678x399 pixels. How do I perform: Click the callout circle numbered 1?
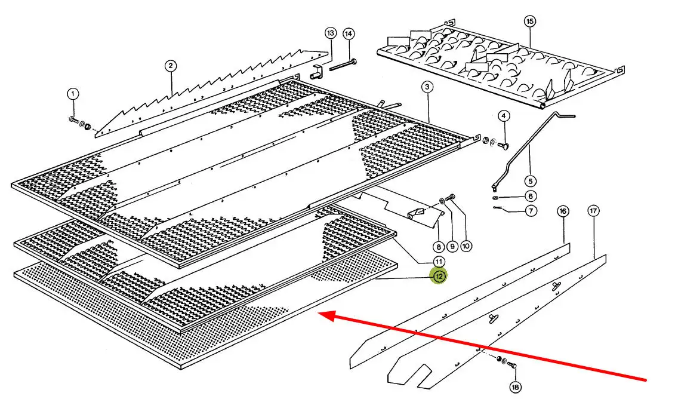(72, 94)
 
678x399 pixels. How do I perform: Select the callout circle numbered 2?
(171, 65)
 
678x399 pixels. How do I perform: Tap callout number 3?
(427, 87)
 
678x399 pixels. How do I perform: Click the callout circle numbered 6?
(531, 196)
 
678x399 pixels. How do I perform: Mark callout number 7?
(531, 210)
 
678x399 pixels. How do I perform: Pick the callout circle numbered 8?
(439, 245)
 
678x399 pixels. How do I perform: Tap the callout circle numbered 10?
(466, 245)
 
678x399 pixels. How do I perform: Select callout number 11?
(439, 261)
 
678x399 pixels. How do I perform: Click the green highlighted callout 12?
(439, 276)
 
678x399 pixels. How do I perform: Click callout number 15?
(530, 22)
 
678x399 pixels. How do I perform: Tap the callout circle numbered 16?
(563, 211)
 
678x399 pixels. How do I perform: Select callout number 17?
(593, 211)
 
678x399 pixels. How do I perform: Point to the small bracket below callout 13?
(318, 72)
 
